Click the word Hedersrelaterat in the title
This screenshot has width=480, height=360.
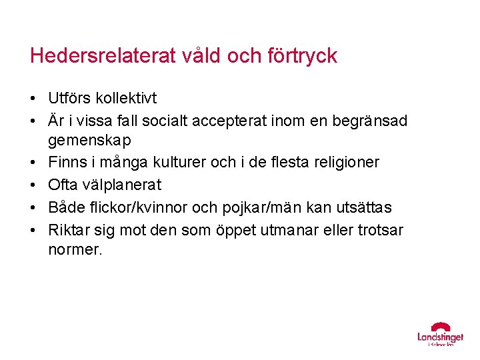(x=103, y=55)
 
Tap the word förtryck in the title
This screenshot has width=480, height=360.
(x=301, y=55)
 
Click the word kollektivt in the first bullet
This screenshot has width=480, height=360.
(x=125, y=99)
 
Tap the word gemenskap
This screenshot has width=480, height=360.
(x=90, y=141)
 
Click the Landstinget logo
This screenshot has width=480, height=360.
(x=440, y=335)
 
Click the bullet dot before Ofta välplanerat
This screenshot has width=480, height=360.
(x=33, y=185)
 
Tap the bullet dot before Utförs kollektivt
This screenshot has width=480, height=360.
(x=33, y=99)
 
